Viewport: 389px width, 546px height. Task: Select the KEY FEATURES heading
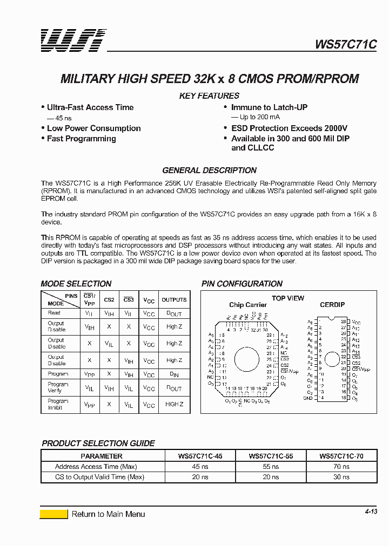pos(209,95)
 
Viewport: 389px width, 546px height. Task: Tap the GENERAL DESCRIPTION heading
pos(209,170)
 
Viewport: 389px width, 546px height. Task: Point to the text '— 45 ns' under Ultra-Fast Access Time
pos(59,118)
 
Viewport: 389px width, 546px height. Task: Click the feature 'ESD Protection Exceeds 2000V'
pos(289,128)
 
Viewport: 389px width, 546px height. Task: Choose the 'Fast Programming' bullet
pos(81,139)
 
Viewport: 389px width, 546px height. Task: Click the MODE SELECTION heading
pos(76,284)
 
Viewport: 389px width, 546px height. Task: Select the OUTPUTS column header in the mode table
pos(174,300)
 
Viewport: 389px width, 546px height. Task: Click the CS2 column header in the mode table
pos(109,300)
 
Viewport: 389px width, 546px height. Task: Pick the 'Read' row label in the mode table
pos(55,313)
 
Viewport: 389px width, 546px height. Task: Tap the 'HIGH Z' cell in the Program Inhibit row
pos(174,405)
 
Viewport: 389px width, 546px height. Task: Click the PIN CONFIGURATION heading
pos(242,284)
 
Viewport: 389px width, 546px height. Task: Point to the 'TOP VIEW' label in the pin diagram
pos(288,298)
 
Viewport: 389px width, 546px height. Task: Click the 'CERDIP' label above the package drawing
pos(332,305)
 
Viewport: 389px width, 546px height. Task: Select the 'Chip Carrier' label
pos(248,305)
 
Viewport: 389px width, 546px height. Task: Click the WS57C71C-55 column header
pos(271,456)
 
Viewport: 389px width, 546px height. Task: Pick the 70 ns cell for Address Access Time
pos(341,467)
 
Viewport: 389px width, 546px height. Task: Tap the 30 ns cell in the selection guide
pos(341,477)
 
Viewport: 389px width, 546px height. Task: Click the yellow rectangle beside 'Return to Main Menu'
pos(54,514)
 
